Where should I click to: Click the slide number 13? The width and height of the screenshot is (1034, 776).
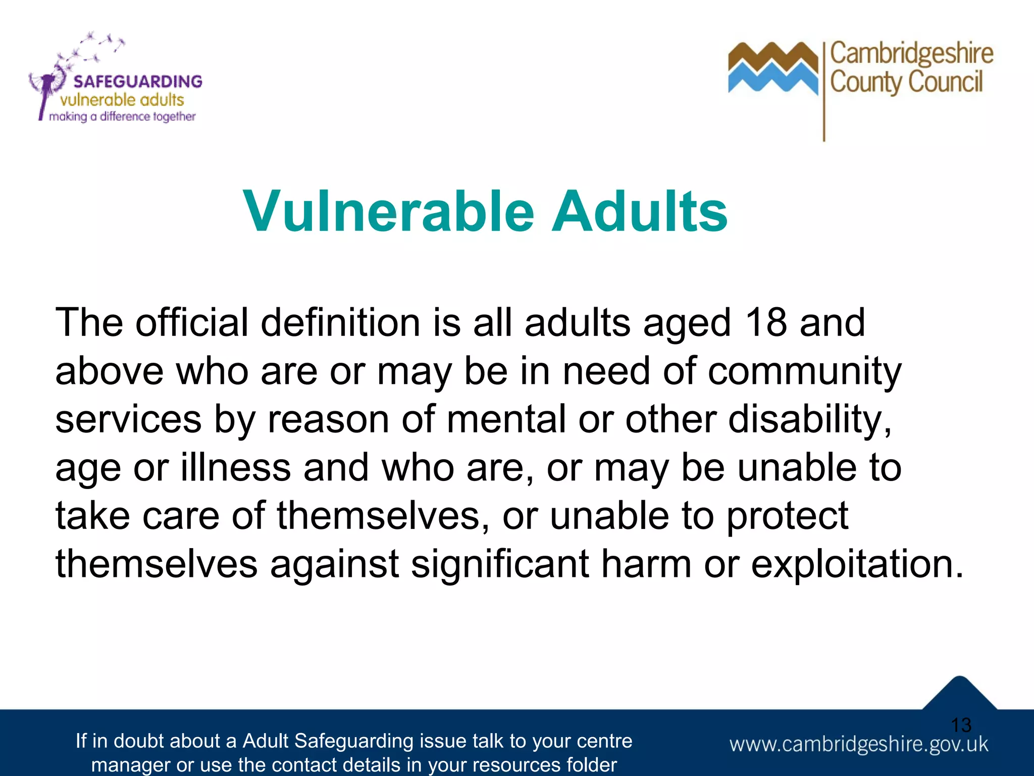pyautogui.click(x=961, y=725)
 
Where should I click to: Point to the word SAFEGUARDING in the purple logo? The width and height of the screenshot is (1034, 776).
pyautogui.click(x=138, y=81)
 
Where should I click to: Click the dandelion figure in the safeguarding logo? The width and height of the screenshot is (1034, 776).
pyautogui.click(x=48, y=88)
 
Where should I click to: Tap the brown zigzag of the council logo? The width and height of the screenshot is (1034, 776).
pyautogui.click(x=772, y=57)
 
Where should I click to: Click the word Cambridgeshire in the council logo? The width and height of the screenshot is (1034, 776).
pyautogui.click(x=911, y=54)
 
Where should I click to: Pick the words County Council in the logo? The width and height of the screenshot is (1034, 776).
pyautogui.click(x=906, y=82)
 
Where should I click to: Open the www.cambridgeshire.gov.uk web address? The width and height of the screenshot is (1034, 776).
pyautogui.click(x=858, y=744)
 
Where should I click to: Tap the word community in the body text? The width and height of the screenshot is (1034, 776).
pyautogui.click(x=804, y=371)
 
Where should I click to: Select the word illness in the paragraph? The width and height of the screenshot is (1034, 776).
pyautogui.click(x=236, y=467)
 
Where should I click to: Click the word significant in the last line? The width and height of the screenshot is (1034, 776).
pyautogui.click(x=499, y=564)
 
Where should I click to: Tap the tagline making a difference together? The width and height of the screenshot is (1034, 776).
pyautogui.click(x=122, y=117)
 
